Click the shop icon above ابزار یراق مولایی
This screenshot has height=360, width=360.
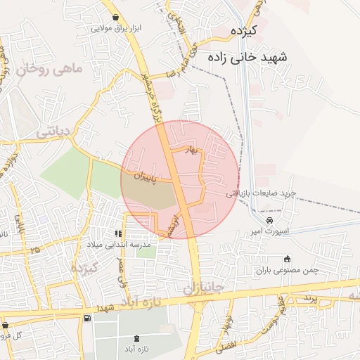point(115,18)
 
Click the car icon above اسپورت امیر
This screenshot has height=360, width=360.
point(261,221)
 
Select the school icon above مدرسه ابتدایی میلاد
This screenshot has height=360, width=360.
point(118,234)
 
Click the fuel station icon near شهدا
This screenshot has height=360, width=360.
point(86,319)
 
